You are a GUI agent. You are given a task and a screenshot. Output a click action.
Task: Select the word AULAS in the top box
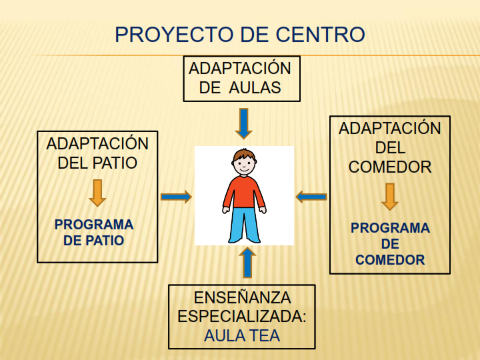(255, 87)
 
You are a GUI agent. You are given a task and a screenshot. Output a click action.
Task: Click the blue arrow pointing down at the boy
(244, 123)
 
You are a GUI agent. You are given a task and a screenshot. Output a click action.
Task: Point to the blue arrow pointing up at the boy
(247, 263)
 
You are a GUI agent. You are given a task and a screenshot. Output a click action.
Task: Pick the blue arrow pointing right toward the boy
(176, 197)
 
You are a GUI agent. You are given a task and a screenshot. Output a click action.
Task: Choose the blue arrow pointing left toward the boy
(311, 197)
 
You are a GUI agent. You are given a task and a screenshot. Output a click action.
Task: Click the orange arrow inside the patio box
(97, 193)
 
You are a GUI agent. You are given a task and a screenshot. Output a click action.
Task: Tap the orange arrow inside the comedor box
(390, 197)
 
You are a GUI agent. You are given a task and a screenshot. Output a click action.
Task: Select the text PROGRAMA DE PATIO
(94, 233)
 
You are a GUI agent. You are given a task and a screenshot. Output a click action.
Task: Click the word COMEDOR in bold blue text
(390, 260)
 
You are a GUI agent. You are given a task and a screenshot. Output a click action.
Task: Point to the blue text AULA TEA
(242, 336)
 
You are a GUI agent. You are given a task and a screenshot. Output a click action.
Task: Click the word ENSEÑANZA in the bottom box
(243, 297)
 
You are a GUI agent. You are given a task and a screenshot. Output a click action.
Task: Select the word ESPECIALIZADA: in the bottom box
(242, 317)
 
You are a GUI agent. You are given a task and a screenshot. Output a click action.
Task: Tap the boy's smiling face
(244, 166)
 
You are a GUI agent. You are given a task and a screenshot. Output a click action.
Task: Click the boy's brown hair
(244, 155)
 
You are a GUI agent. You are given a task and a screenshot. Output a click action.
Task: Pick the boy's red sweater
(244, 192)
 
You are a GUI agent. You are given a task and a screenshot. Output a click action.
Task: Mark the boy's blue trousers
(244, 225)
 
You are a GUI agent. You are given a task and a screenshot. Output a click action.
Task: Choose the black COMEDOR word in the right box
(390, 167)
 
